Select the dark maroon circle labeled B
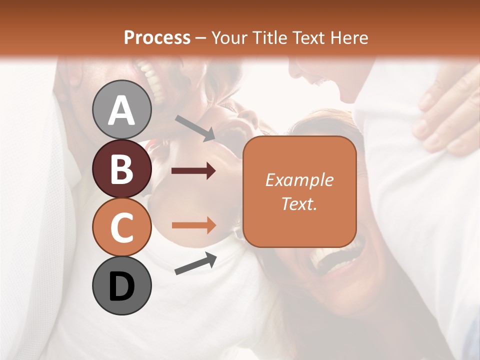121,168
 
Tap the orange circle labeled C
121,227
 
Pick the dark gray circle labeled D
121,285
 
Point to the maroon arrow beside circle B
193,171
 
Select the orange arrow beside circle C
194,225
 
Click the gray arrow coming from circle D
195,264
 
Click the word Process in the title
157,38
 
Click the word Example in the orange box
299,180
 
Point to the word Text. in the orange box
299,203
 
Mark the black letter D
121,286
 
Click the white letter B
121,169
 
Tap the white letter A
121,110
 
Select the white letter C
121,227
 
